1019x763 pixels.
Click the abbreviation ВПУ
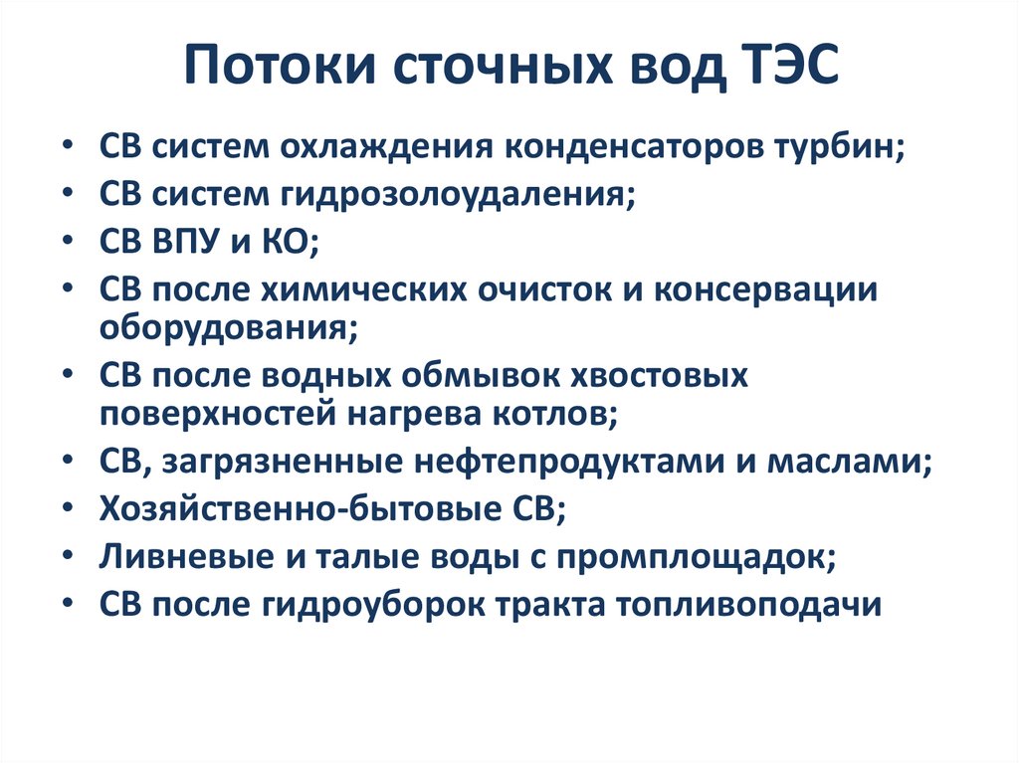click(x=191, y=240)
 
